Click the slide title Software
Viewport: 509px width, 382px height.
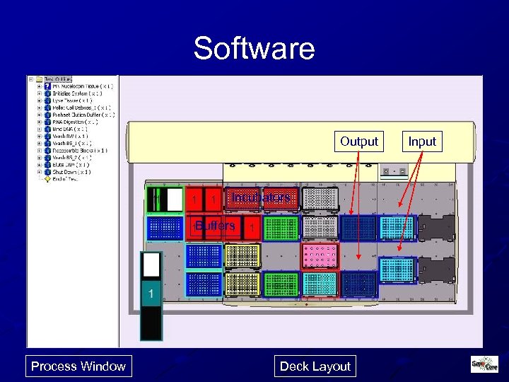click(x=254, y=48)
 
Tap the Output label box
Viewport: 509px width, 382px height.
click(x=359, y=141)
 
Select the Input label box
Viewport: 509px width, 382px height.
click(x=422, y=141)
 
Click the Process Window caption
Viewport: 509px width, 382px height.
click(x=78, y=366)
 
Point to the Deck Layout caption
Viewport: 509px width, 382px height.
click(x=315, y=366)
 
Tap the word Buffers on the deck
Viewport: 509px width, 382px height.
click(x=216, y=226)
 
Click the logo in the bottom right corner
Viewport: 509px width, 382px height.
click(x=484, y=365)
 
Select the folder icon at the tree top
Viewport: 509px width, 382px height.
click(x=40, y=79)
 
